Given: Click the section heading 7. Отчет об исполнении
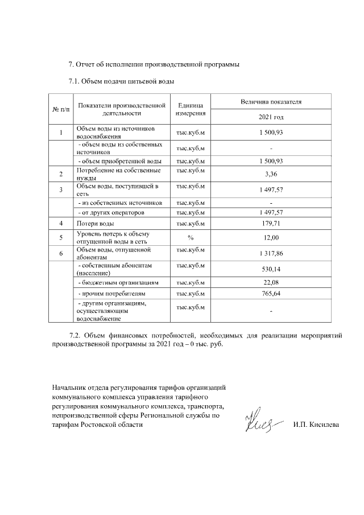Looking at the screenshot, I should coord(154,64).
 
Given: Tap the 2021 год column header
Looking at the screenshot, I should coord(271,117).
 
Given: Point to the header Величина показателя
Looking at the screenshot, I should coord(271,102).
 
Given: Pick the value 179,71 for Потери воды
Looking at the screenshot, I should coord(271,224).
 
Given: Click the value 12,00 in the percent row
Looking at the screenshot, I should coord(271,237).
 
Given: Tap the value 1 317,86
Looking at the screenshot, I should coord(271,253).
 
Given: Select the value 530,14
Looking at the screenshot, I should coord(271,269).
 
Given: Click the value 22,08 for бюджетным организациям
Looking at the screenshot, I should coord(271,282).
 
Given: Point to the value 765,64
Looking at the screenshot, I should coord(271,294).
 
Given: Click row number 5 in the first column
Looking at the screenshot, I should coord(61,237).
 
